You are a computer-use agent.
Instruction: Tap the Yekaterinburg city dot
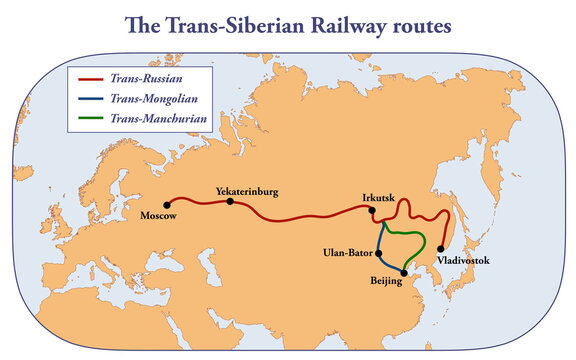click(230, 201)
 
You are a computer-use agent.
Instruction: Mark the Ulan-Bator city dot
click(378, 252)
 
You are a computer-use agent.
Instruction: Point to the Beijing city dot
click(403, 272)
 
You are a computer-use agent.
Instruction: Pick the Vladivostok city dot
click(441, 248)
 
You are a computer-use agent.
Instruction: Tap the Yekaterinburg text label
click(246, 190)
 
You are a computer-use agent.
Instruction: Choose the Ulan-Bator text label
click(348, 252)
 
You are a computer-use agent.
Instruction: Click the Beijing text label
click(385, 282)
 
